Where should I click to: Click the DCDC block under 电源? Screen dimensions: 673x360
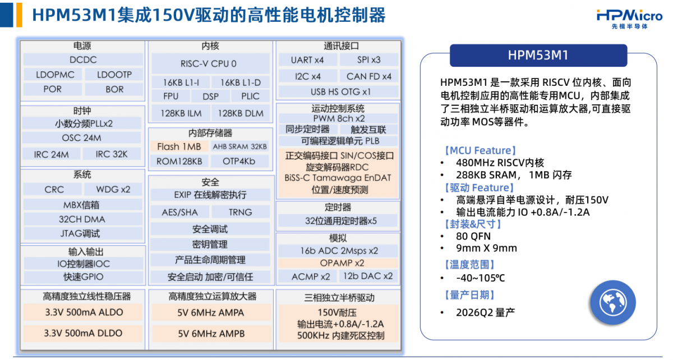(83, 59)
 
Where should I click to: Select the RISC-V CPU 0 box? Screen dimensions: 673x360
(210, 63)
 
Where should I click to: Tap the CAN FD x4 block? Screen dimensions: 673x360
(369, 76)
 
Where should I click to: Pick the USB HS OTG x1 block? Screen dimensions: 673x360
(339, 91)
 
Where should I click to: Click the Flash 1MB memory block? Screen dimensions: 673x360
(179, 146)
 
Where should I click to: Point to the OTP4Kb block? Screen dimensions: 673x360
(239, 161)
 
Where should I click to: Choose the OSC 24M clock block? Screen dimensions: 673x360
(81, 137)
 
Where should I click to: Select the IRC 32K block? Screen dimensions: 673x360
(112, 154)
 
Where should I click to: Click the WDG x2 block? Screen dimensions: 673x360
(113, 190)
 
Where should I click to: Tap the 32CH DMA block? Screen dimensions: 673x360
(82, 219)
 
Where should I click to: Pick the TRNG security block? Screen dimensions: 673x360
(241, 212)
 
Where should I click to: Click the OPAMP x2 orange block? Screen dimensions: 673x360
(338, 263)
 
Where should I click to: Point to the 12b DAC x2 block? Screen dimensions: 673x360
(368, 276)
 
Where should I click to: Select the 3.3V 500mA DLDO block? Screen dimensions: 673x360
(83, 333)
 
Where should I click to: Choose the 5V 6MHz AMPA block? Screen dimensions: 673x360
(211, 312)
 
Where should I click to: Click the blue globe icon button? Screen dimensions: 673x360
(613, 303)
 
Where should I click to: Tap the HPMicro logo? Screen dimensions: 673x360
(629, 19)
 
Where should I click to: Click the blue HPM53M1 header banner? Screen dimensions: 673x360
(538, 56)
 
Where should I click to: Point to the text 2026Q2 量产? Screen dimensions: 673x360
(486, 312)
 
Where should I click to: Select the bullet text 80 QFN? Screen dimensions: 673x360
(473, 236)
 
